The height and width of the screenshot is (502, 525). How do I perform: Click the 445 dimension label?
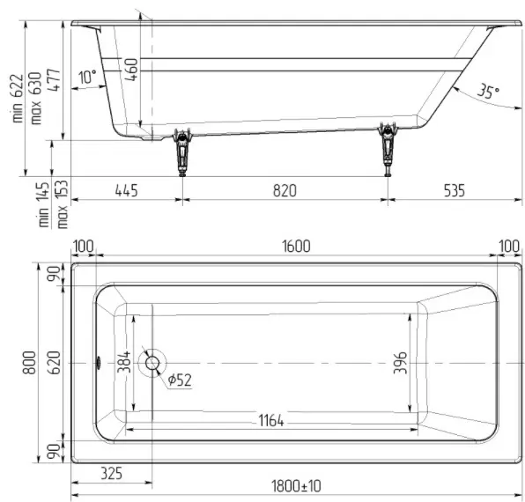[126, 191]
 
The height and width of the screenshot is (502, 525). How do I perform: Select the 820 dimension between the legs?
[285, 191]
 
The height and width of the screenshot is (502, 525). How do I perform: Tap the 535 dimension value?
[455, 191]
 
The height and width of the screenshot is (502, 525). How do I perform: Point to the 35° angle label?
[488, 91]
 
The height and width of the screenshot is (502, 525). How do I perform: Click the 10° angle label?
[87, 77]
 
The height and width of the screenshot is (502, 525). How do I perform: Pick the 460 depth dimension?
[131, 70]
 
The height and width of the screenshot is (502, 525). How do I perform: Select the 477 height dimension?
[54, 80]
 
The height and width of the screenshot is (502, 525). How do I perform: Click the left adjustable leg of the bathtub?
[182, 152]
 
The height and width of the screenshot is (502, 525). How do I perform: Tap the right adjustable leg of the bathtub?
[388, 149]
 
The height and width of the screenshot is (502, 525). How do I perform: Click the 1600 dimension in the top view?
[296, 247]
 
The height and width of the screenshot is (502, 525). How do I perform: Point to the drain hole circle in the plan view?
[152, 363]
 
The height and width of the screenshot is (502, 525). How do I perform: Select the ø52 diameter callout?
[180, 380]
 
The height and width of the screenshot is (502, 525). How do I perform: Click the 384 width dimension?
[124, 362]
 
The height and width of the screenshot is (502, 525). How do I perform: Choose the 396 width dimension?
[401, 363]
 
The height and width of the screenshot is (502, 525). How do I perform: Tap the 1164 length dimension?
[271, 420]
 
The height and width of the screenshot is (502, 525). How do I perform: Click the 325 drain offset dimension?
[112, 474]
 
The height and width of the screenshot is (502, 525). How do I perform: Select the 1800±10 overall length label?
[296, 486]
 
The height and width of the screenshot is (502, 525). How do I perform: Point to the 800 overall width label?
[29, 363]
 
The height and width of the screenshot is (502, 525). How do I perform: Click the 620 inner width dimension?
[54, 363]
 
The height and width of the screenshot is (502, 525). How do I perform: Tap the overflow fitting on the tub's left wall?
[99, 363]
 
